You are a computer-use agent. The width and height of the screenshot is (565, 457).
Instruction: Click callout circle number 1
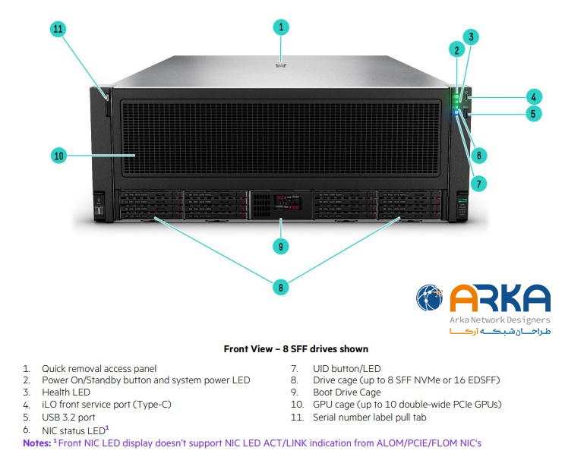281,27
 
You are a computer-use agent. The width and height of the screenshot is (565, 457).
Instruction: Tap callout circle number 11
58,30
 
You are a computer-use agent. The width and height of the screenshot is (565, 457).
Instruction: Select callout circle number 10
58,156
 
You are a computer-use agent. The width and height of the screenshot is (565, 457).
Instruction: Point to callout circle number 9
281,245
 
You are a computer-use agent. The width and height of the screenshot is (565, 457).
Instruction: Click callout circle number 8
281,287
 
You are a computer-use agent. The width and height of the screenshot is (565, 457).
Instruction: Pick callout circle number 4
534,96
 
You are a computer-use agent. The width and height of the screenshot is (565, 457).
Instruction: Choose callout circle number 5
534,114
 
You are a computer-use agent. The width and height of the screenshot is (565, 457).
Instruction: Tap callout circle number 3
471,36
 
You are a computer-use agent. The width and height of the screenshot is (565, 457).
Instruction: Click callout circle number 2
456,51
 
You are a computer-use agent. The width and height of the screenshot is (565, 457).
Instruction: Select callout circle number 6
478,155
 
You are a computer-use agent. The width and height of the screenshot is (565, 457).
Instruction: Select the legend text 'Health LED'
66,392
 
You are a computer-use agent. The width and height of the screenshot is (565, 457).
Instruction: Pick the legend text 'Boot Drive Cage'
347,392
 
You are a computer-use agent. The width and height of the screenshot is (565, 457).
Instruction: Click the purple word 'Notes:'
36,442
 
